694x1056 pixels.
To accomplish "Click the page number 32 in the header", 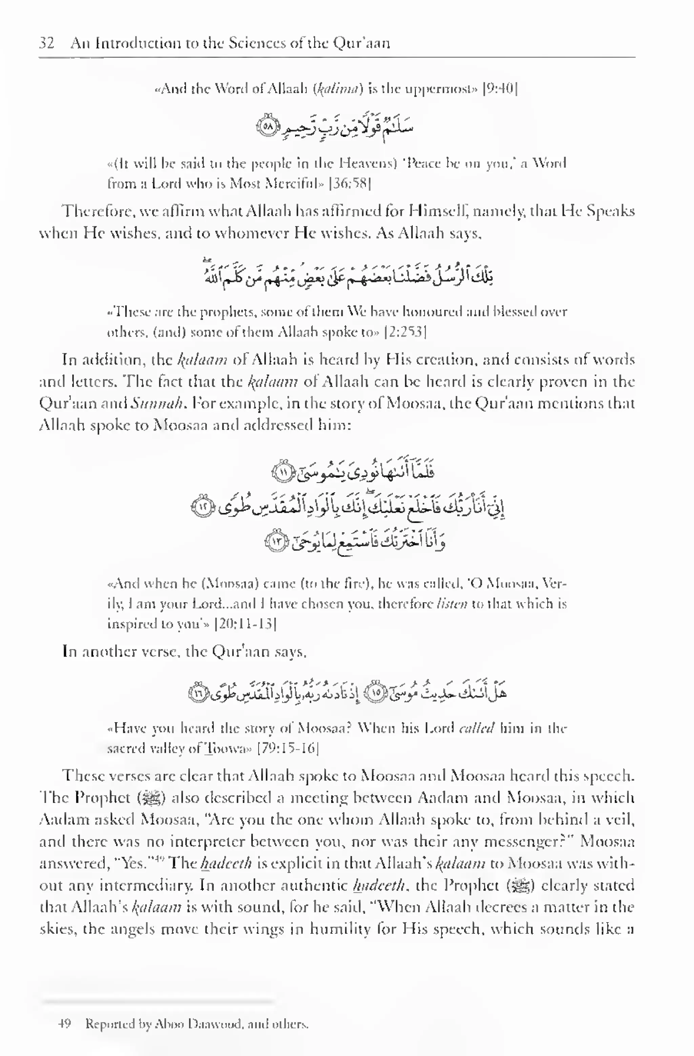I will tap(46, 43).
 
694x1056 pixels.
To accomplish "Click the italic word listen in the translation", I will tap(452, 604).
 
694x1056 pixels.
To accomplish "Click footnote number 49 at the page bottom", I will tap(65, 1024).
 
